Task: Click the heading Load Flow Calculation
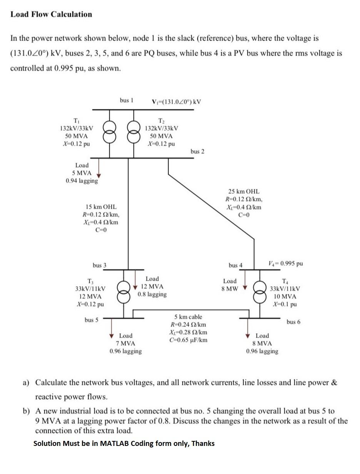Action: tap(51, 14)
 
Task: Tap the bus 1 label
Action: tap(126, 100)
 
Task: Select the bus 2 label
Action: tap(197, 151)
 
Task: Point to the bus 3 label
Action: tap(99, 265)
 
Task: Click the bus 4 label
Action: tap(235, 265)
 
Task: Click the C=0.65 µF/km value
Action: tap(188, 340)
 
